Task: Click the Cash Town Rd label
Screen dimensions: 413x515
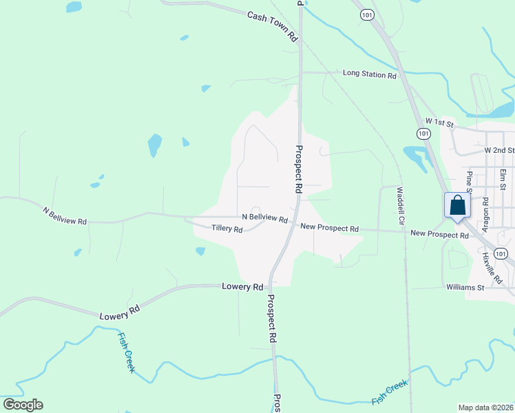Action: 273,26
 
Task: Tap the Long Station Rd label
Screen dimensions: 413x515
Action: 370,74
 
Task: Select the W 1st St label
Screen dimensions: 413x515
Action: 439,124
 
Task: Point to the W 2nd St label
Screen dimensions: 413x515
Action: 499,149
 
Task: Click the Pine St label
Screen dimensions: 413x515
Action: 470,183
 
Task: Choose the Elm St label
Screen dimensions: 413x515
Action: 503,179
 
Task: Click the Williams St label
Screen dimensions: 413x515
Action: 465,286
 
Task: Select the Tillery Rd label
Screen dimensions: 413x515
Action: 227,229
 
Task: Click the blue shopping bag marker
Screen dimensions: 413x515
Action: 458,206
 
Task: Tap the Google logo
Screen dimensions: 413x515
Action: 23,405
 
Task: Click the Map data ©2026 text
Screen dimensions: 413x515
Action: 485,407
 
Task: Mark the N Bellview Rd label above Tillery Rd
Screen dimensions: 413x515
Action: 264,218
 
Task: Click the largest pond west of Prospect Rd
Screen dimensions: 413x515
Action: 155,145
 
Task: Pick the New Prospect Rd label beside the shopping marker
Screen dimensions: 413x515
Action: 439,234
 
